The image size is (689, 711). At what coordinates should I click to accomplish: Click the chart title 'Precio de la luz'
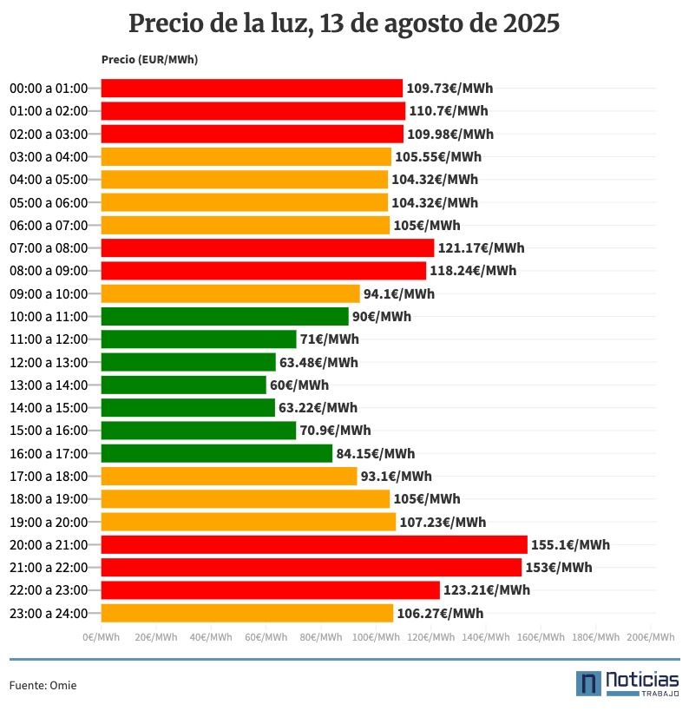pyautogui.click(x=344, y=23)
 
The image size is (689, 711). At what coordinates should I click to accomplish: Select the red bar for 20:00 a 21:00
pyautogui.click(x=314, y=544)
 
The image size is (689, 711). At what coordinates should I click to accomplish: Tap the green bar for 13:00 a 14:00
pyautogui.click(x=184, y=385)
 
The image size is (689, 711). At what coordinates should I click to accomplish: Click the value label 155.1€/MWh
pyautogui.click(x=570, y=545)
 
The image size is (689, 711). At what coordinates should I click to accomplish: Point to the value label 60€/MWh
pyautogui.click(x=299, y=385)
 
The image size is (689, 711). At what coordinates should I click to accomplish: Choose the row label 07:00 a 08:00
pyautogui.click(x=49, y=248)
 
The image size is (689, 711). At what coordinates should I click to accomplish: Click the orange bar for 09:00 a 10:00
pyautogui.click(x=230, y=293)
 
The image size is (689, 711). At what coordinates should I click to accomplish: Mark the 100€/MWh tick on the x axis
pyautogui.click(x=376, y=637)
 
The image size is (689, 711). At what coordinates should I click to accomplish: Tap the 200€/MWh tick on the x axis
pyautogui.click(x=651, y=637)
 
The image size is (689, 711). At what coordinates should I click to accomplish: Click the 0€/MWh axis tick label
pyautogui.click(x=101, y=637)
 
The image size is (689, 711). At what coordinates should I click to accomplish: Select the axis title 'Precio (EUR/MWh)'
pyautogui.click(x=149, y=60)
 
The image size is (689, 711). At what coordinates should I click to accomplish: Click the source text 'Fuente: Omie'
pyautogui.click(x=43, y=686)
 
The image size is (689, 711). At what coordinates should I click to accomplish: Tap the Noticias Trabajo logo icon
pyautogui.click(x=588, y=683)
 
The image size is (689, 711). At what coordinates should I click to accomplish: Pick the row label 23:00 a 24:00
pyautogui.click(x=49, y=613)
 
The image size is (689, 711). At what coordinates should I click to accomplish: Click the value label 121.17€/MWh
pyautogui.click(x=481, y=248)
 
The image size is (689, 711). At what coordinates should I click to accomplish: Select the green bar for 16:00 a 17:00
pyautogui.click(x=217, y=453)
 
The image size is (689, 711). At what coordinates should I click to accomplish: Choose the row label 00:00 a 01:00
pyautogui.click(x=49, y=89)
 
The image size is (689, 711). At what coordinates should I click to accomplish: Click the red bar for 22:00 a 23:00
pyautogui.click(x=270, y=590)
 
